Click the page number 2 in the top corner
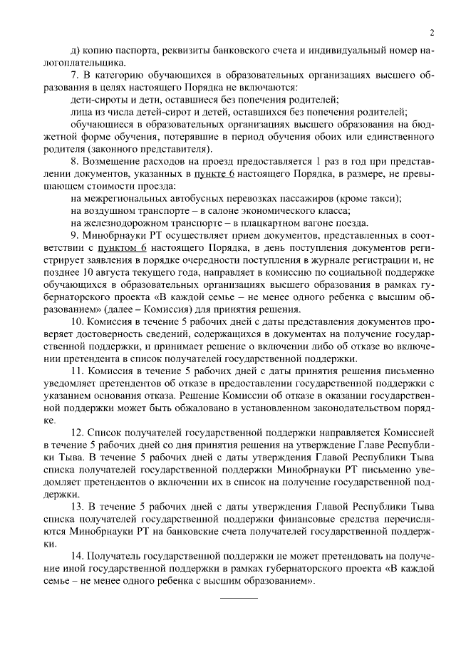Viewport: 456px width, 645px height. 432,32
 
